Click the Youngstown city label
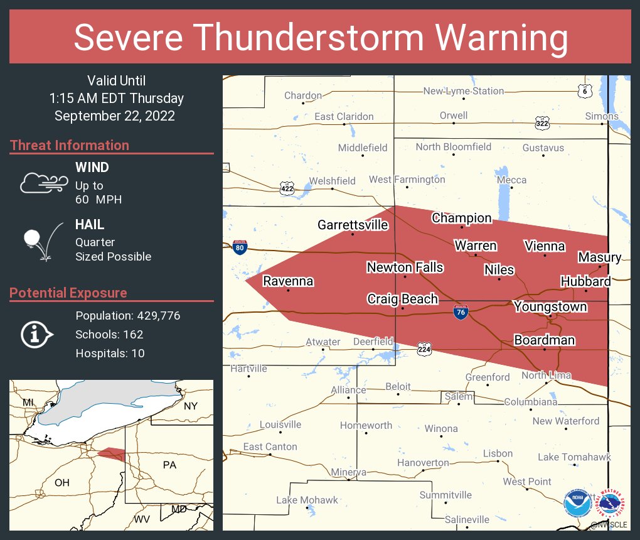[550, 306]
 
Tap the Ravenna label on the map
[288, 281]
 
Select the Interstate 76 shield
[461, 311]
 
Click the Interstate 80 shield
[240, 247]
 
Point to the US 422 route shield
[287, 188]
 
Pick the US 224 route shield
[425, 348]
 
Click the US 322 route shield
[542, 123]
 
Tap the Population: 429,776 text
[127, 315]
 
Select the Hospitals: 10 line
[110, 353]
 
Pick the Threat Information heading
[70, 145]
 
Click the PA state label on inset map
[169, 465]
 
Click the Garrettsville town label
[353, 225]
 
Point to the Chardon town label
[303, 95]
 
